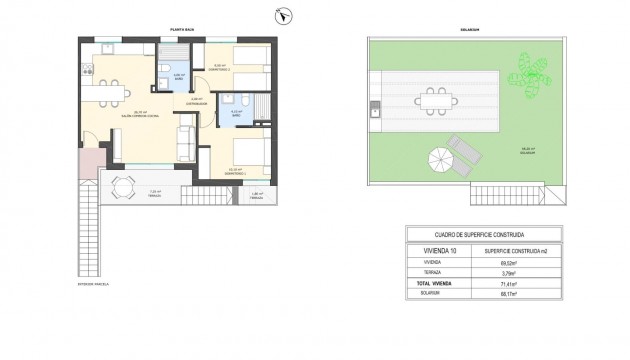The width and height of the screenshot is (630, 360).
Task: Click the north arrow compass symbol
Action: [x=282, y=16]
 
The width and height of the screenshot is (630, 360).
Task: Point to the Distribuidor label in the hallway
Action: [x=196, y=101]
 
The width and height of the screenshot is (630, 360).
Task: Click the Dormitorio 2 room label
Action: [x=222, y=68]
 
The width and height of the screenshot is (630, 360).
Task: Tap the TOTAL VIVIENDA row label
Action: [x=436, y=283]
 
